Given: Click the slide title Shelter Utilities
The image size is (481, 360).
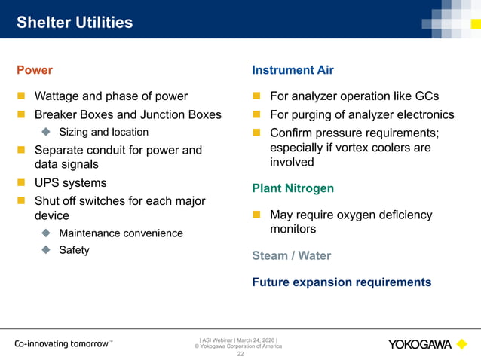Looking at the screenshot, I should point(75,23).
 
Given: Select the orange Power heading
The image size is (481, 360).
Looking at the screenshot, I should point(35,70).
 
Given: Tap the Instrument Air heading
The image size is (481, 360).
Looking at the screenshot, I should point(293,70).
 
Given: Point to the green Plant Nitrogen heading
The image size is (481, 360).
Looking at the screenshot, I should point(293,188).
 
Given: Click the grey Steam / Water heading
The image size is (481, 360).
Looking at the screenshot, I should point(291,255).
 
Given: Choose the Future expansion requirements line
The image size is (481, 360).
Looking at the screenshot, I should point(342,282).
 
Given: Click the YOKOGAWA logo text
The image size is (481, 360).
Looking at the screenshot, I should point(420,345).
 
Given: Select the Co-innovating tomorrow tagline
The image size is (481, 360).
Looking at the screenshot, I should point(63,344).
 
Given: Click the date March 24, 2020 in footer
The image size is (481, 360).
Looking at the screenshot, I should point(259,340).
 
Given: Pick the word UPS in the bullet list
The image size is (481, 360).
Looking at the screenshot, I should point(47,183).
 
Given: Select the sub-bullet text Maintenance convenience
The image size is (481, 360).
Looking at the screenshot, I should point(121,233).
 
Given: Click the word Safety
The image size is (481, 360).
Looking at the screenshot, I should point(74,250).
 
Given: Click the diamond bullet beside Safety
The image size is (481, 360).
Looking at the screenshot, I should point(46,250).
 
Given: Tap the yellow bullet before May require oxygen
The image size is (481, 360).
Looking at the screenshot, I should point(256,215).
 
